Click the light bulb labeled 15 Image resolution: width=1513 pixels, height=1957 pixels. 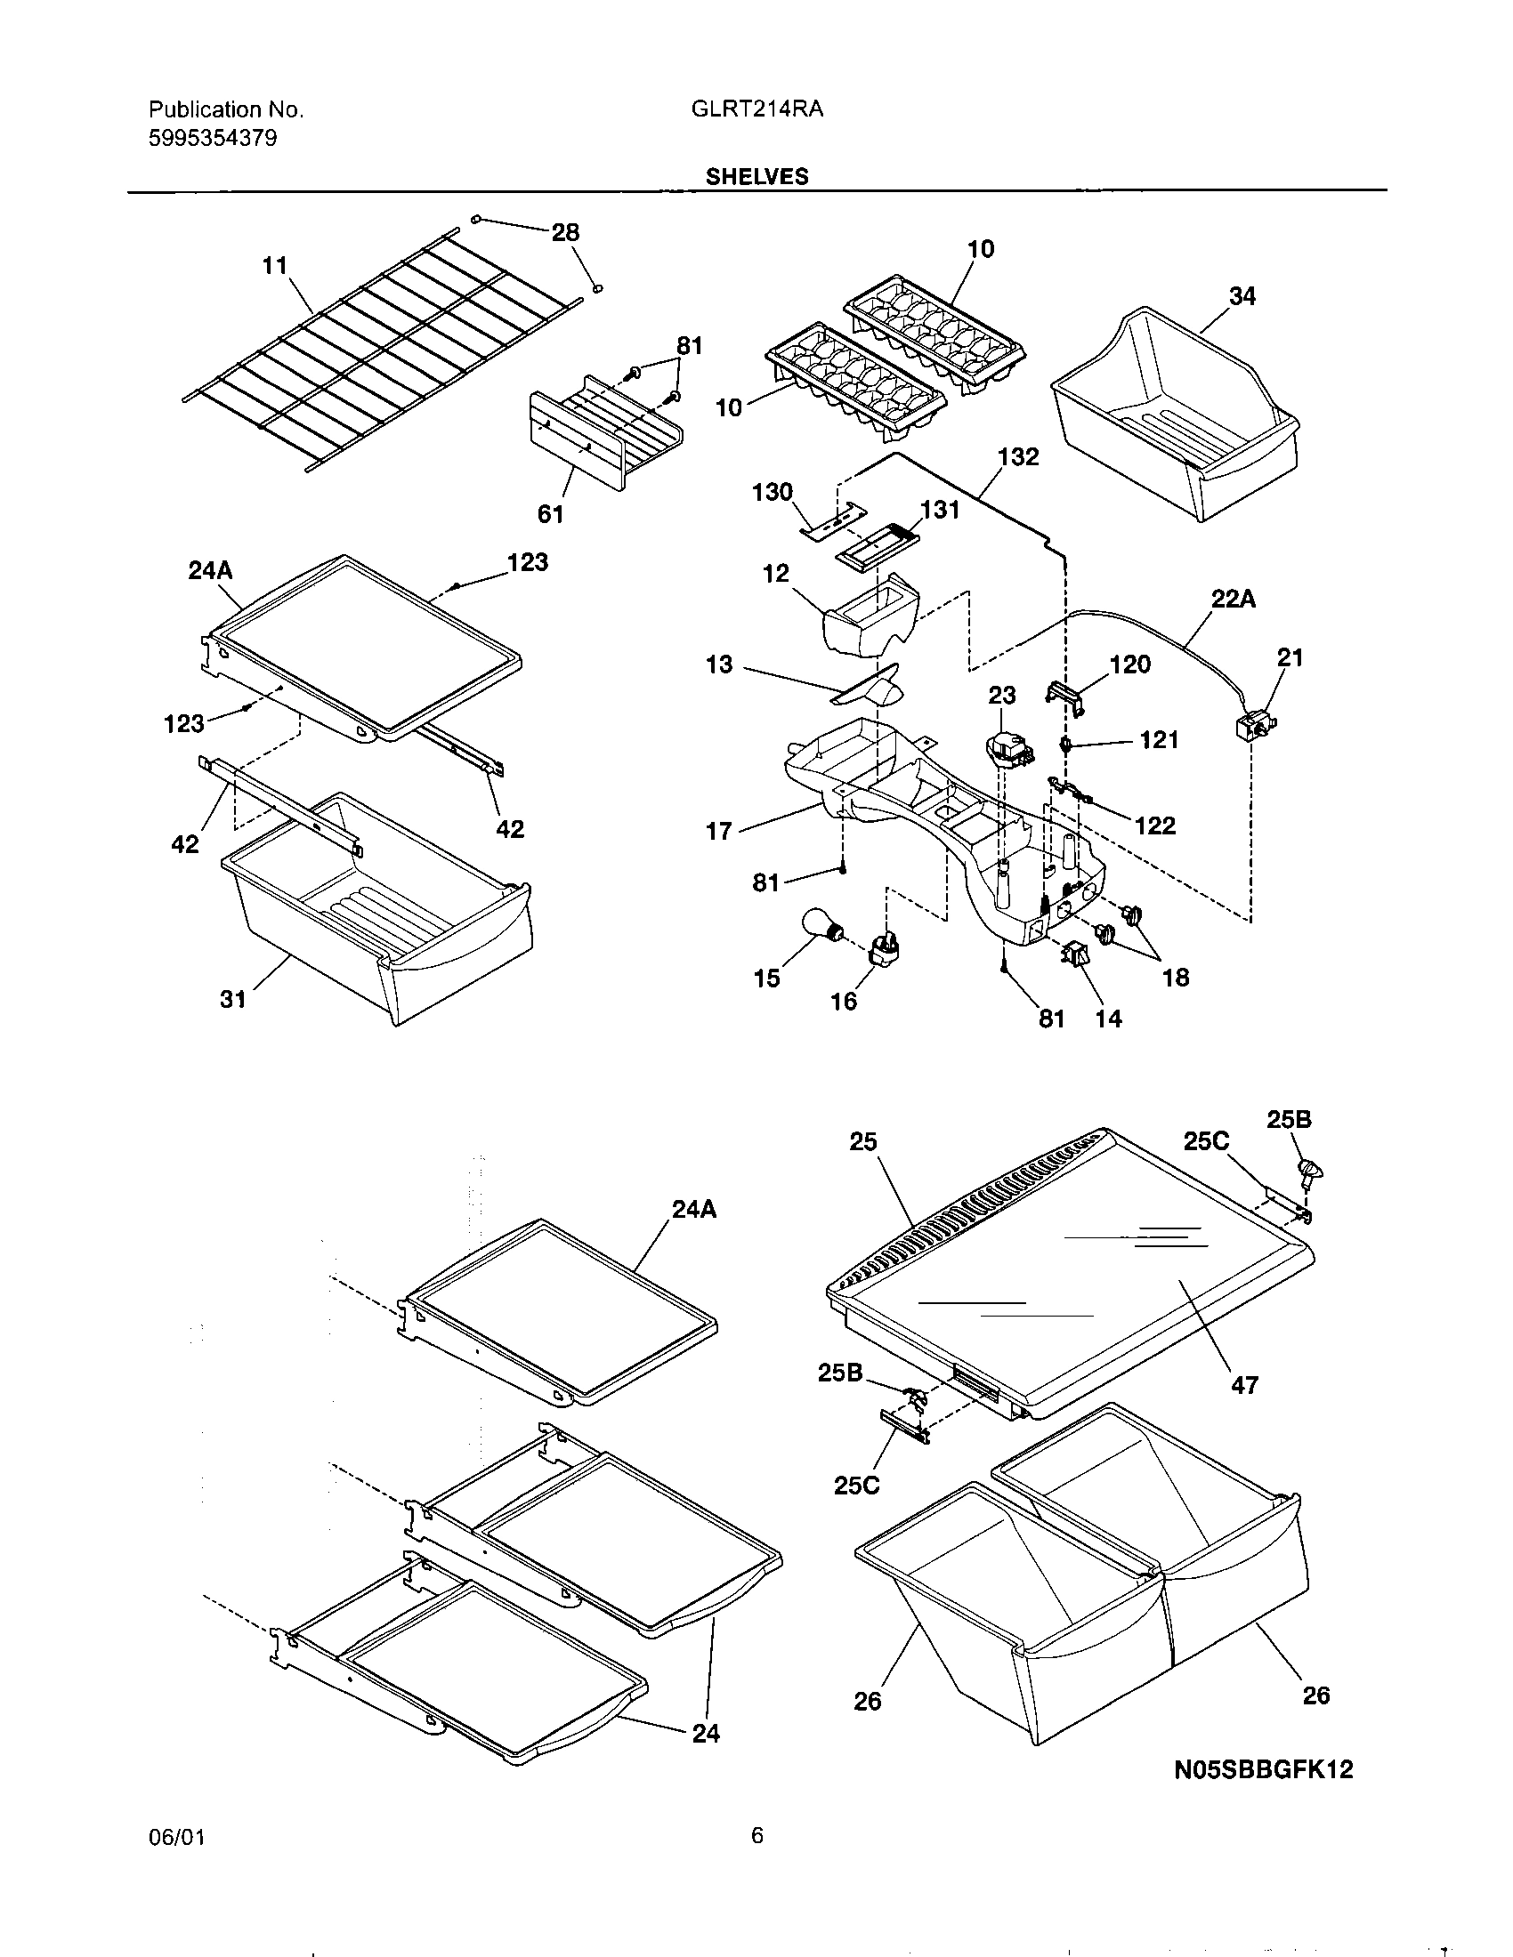coord(819,926)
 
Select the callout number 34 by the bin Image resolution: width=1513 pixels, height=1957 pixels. coord(1242,296)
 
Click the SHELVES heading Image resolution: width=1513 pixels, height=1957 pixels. coord(756,176)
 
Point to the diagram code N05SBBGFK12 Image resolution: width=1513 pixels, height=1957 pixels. coord(1263,1770)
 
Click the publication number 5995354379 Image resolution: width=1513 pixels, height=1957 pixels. coord(213,138)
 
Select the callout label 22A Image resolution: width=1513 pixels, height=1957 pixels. coord(1233,600)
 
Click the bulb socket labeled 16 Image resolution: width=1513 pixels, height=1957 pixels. coord(884,946)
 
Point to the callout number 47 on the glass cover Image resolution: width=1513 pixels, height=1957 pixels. coord(1244,1385)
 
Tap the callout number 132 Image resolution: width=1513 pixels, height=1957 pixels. coord(1018,457)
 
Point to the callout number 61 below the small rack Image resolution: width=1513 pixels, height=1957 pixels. coord(550,513)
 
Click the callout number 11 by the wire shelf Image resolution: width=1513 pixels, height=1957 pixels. coord(274,266)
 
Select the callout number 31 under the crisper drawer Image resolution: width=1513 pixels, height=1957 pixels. coord(233,999)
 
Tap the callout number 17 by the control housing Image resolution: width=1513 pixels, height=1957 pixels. coord(718,832)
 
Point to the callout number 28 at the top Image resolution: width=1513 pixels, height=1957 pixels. coord(564,233)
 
